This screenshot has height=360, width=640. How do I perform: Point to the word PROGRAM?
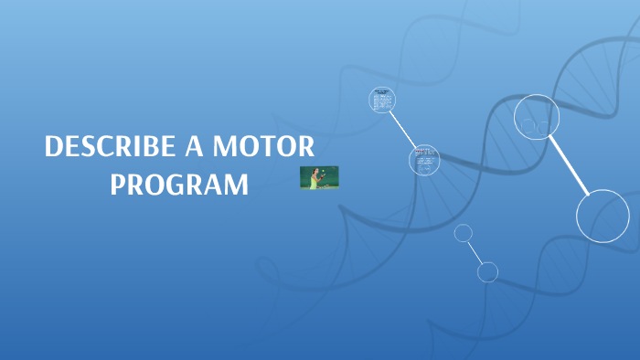pyautogui.click(x=179, y=184)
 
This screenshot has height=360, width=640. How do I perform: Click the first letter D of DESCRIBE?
pyautogui.click(x=53, y=147)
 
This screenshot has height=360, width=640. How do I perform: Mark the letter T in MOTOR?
pyautogui.click(x=274, y=147)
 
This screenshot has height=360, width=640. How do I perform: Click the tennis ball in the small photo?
pyautogui.click(x=324, y=170)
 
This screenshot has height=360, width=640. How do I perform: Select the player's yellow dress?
pyautogui.click(x=314, y=181)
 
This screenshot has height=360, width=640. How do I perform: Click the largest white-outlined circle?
pyautogui.click(x=603, y=216)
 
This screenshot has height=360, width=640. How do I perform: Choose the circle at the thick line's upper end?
pyautogui.click(x=537, y=117)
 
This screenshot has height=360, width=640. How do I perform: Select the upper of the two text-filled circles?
pyautogui.click(x=382, y=100)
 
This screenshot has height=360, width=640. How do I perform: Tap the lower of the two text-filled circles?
pyautogui.click(x=424, y=160)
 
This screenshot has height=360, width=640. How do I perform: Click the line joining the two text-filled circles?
pyautogui.click(x=403, y=130)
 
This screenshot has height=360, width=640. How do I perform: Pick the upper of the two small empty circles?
pyautogui.click(x=464, y=233)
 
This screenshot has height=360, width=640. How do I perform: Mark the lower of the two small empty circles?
pyautogui.click(x=487, y=271)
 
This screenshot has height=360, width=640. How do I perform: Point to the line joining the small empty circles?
pyautogui.click(x=475, y=252)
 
